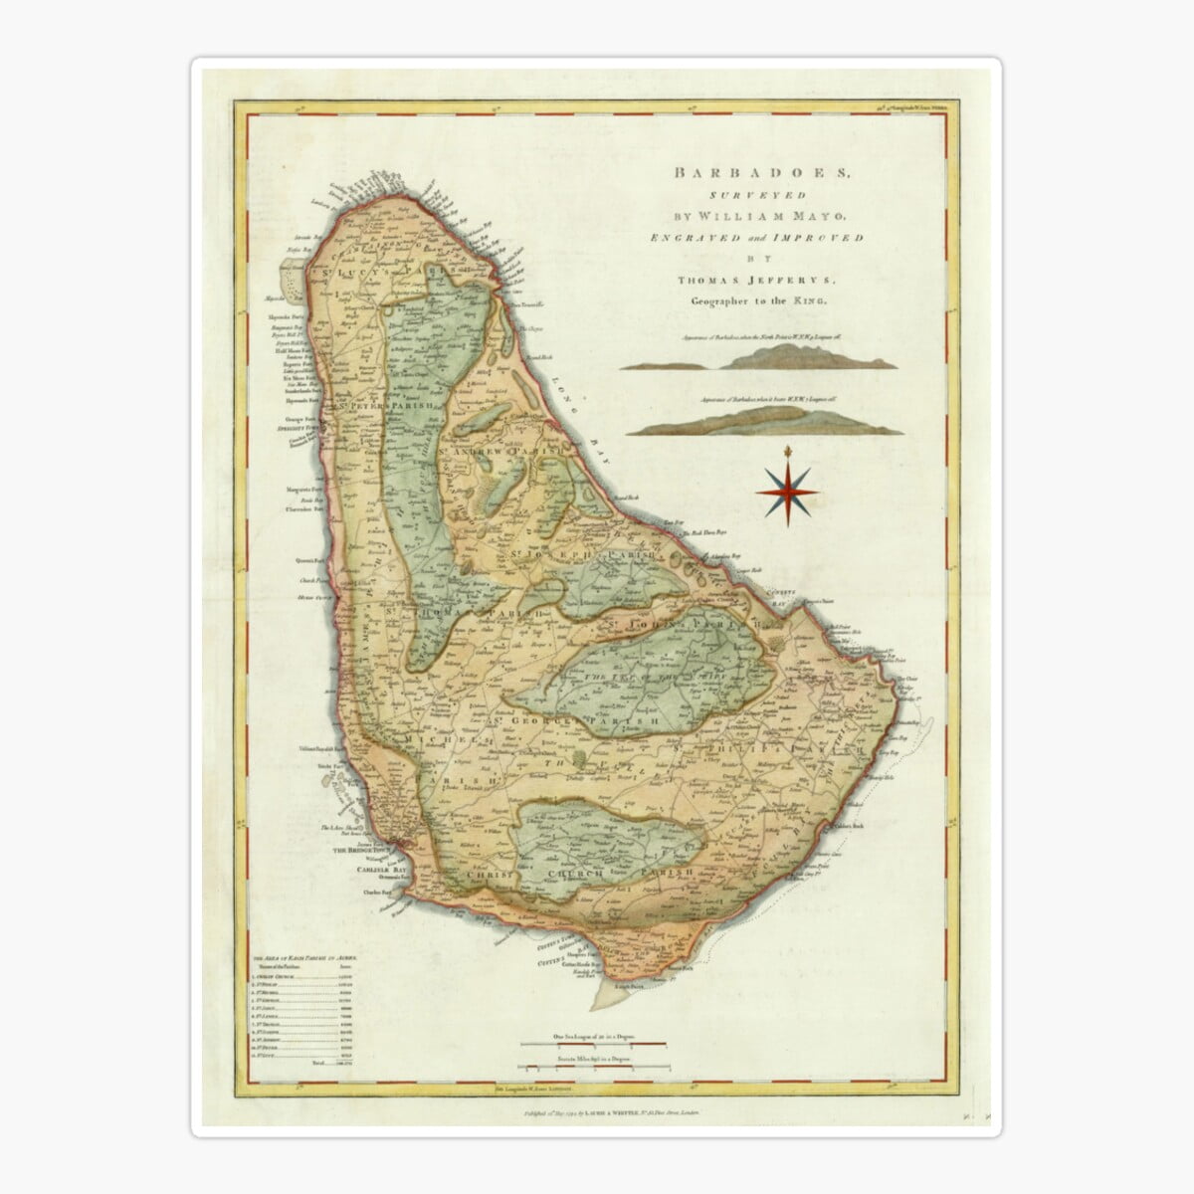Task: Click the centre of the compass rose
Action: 784,490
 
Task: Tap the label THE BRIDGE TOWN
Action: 355,852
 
